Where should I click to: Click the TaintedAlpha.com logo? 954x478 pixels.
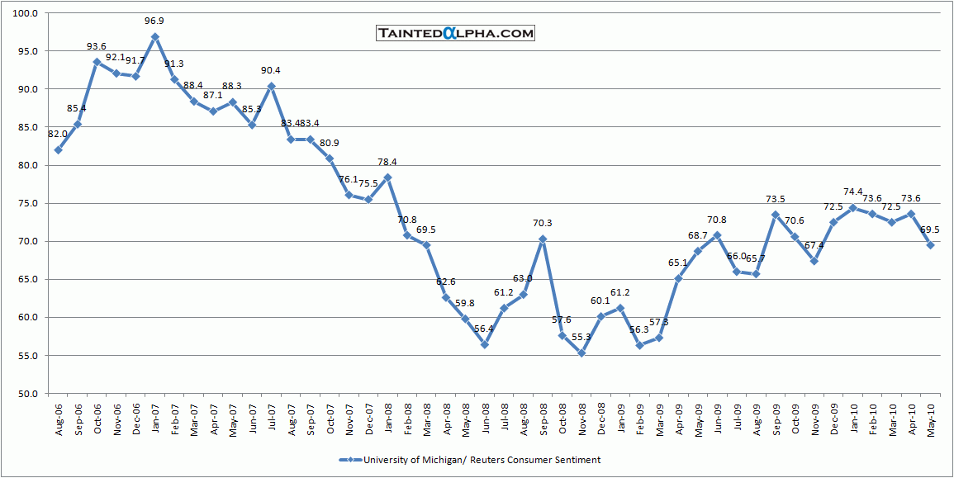point(455,33)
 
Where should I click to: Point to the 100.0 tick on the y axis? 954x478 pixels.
point(27,13)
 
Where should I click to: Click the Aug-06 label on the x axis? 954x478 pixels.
point(59,417)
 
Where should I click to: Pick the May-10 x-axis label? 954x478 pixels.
point(931,417)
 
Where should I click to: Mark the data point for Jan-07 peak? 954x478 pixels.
point(155,37)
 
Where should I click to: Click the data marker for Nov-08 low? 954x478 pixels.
point(581,353)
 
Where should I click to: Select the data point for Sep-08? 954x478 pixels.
point(543,239)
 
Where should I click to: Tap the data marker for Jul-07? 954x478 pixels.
point(272,87)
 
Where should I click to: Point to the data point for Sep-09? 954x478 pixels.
point(776,215)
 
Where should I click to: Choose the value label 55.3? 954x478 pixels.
point(581,338)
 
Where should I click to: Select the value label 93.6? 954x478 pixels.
point(97,47)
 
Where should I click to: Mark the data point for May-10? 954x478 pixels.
point(931,245)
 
